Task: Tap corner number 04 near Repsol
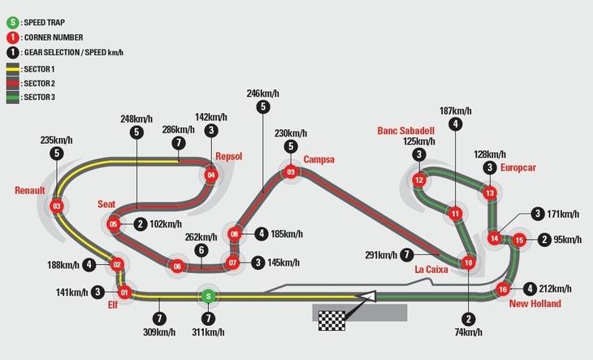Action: click(x=211, y=174)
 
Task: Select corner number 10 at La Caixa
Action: click(x=468, y=262)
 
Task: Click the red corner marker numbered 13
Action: click(x=489, y=193)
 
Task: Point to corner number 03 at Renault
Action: click(x=57, y=206)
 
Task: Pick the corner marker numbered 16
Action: click(x=503, y=289)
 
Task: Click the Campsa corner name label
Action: click(x=318, y=159)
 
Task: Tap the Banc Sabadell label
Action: click(x=405, y=130)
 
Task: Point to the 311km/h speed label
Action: click(x=210, y=332)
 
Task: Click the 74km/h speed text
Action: click(x=469, y=332)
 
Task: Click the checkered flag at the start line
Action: click(x=331, y=316)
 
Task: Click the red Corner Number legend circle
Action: click(x=13, y=37)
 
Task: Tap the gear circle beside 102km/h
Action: click(x=141, y=224)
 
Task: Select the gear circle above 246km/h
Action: click(x=262, y=106)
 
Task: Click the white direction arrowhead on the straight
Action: click(x=370, y=297)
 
